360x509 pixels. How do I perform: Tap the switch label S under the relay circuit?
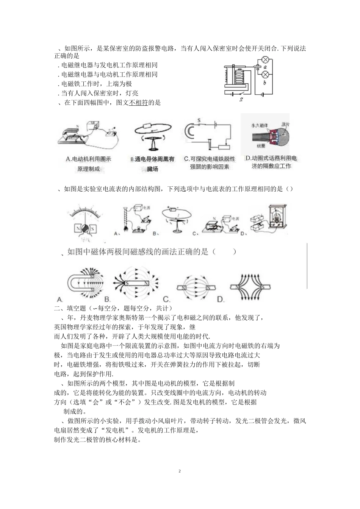coord(241,100)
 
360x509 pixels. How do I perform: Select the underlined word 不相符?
coord(138,103)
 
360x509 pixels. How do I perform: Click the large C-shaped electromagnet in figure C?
coord(189,131)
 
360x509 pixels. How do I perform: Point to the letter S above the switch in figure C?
coord(199,120)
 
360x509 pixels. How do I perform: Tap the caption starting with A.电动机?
coord(89,159)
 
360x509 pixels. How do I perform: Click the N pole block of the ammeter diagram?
coord(77,229)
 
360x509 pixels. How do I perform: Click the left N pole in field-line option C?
coord(184,288)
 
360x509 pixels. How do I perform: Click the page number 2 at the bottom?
coord(180,471)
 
